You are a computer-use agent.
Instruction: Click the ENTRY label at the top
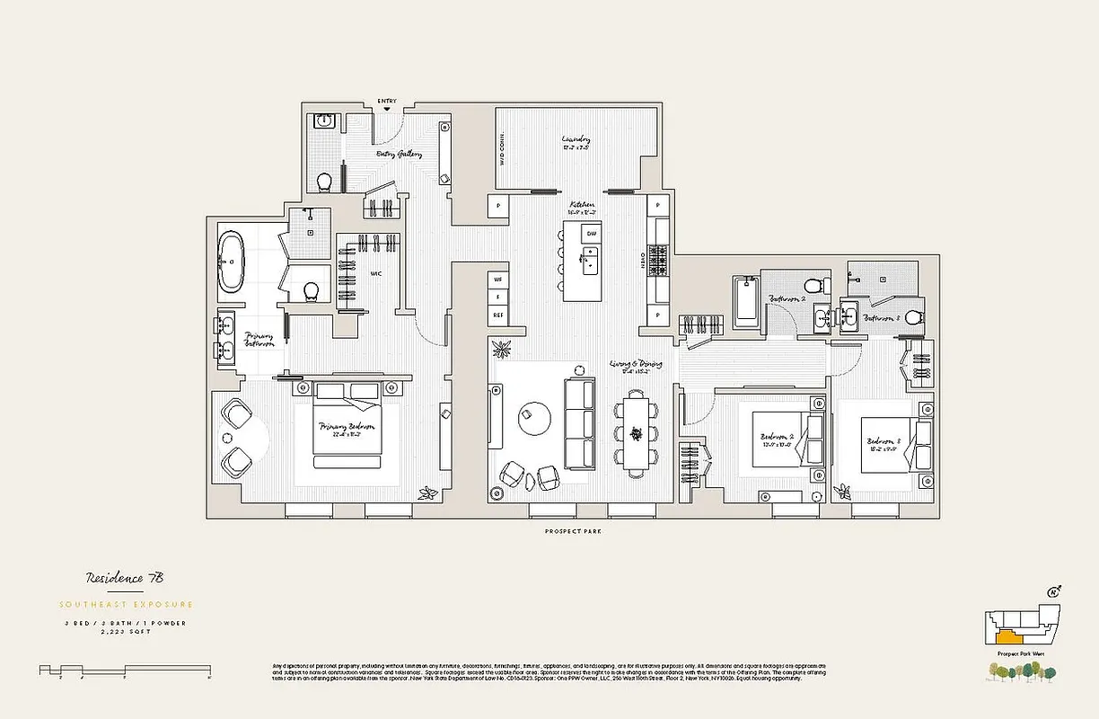[x=387, y=100]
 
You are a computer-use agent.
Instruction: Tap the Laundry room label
[x=576, y=140]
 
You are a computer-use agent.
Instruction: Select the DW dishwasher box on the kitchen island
[x=591, y=234]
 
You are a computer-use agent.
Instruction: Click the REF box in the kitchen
[x=497, y=315]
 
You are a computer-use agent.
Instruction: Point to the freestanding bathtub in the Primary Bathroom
[x=231, y=262]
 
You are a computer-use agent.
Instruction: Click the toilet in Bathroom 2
[x=813, y=287]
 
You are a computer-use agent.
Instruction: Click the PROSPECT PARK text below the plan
[x=573, y=532]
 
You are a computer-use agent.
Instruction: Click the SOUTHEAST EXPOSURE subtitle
[x=126, y=604]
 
